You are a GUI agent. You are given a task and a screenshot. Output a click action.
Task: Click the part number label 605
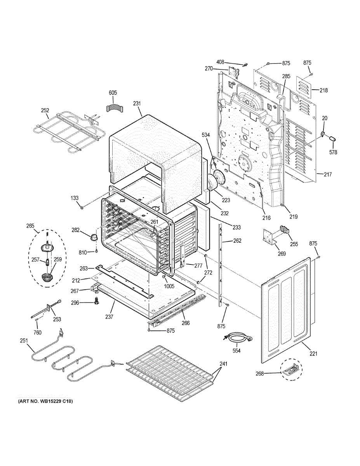[113, 93]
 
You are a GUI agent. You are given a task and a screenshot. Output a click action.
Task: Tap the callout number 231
[137, 103]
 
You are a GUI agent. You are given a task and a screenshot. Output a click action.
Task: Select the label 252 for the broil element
[45, 110]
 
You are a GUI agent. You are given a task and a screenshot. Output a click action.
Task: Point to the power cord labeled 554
[237, 339]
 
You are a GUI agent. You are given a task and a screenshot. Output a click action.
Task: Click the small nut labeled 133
[82, 208]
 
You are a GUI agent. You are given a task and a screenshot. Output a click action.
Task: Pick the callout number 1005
[169, 286]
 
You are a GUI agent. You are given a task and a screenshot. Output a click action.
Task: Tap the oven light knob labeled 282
[93, 237]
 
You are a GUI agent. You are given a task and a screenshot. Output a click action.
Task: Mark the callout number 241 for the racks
[223, 364]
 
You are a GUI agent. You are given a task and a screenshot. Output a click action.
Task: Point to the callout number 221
[313, 353]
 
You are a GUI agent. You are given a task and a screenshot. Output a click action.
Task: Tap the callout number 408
[220, 62]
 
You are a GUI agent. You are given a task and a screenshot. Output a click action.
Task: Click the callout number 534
[205, 135]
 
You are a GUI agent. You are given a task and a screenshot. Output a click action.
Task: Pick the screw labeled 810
[97, 251]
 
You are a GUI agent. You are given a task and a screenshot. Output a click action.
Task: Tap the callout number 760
[38, 333]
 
